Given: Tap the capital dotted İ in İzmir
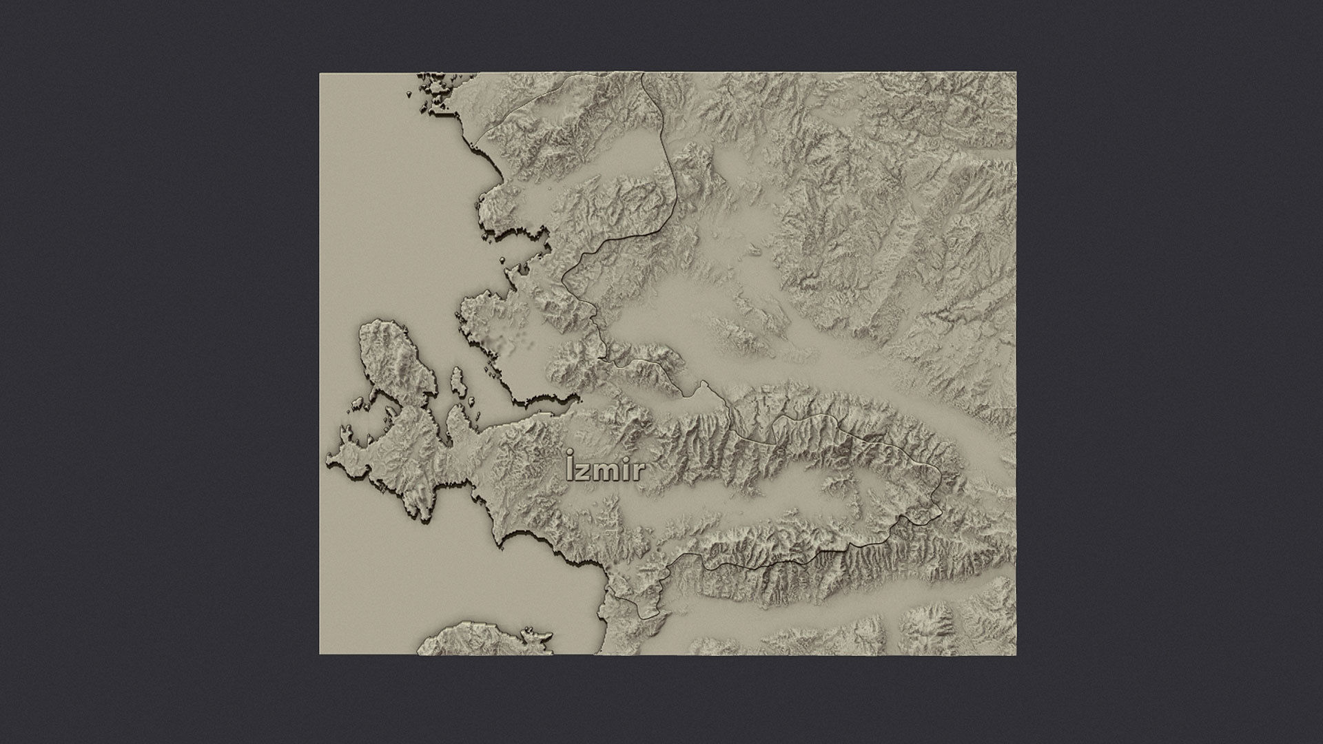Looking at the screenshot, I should pyautogui.click(x=570, y=467).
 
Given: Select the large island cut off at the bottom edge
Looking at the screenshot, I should pyautogui.click(x=482, y=641).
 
